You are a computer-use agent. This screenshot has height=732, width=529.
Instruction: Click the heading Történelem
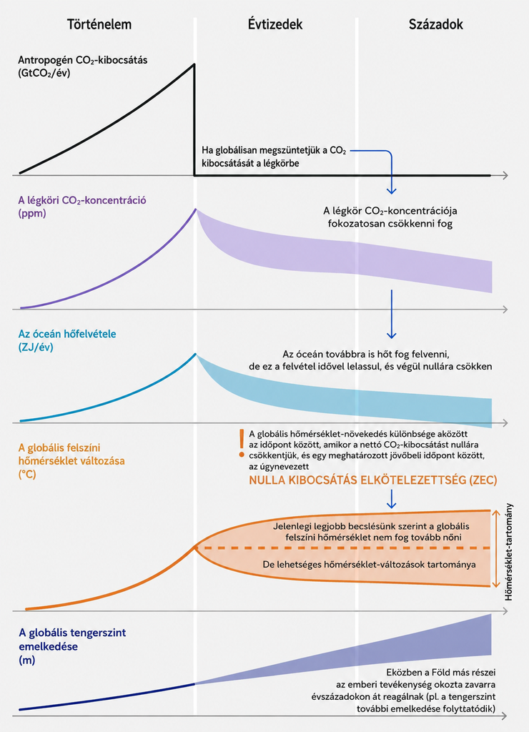pos(99,24)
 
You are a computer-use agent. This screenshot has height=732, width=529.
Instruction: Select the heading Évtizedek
pos(275,24)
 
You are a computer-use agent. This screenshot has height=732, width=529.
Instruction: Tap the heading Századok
pos(436,24)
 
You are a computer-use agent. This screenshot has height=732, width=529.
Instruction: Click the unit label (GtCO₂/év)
pos(44,74)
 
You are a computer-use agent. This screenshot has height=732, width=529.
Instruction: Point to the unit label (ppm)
pos(31,214)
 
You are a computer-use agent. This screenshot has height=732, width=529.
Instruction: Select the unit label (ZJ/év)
pos(36,347)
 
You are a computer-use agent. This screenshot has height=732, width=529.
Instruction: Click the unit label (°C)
pos(27,475)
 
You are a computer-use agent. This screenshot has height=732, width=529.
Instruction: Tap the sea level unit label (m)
pos(27,661)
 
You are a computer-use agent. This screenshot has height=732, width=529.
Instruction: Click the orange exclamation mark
pos(242,443)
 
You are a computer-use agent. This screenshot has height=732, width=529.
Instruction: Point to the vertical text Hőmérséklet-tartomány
pos(509,552)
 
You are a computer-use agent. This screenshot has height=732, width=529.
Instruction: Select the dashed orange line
pos(342,548)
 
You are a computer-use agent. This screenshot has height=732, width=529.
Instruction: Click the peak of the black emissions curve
pos(194,64)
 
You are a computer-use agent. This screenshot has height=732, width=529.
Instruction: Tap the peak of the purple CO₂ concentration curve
pos(196,209)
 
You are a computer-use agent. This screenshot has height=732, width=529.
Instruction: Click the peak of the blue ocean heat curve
pos(196,354)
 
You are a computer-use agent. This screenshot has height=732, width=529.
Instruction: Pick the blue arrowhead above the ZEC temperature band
pos(392,505)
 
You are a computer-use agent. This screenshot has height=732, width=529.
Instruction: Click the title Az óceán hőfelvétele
pos(67,334)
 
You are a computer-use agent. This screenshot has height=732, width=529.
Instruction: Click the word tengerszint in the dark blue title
pos(97,633)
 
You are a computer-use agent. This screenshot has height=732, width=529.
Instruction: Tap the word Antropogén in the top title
pos(46,60)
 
